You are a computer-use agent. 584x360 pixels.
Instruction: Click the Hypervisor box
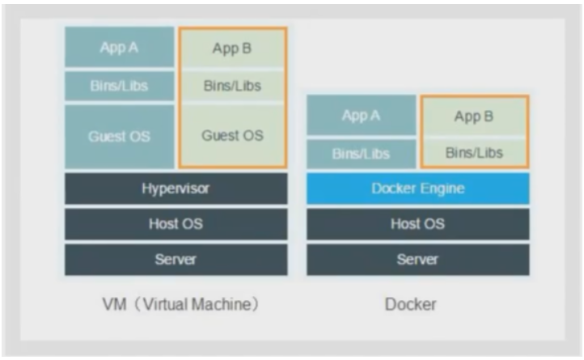[176, 188]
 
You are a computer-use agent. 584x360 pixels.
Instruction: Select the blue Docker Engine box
[417, 188]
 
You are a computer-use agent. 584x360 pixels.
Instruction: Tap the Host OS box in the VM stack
[176, 224]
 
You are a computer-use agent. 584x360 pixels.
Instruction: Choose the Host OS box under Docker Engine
[417, 224]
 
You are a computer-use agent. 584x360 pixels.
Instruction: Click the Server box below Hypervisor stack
[176, 260]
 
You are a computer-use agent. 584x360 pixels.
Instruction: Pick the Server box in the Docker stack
[417, 260]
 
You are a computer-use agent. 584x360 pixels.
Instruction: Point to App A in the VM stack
[119, 48]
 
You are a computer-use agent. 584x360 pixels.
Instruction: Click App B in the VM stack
[232, 49]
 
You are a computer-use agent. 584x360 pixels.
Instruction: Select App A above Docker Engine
[361, 116]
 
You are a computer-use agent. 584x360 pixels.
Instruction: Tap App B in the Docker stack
[474, 116]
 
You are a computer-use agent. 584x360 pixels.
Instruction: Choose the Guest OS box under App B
[232, 135]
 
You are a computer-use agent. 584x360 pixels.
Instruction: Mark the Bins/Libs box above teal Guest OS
[119, 86]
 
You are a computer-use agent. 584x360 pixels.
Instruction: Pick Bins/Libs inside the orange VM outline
[232, 86]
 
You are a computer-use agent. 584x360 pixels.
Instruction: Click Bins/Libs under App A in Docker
[361, 153]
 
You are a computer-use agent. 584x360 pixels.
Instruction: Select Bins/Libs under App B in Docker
[474, 152]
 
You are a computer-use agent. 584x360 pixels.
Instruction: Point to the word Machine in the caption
[225, 305]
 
